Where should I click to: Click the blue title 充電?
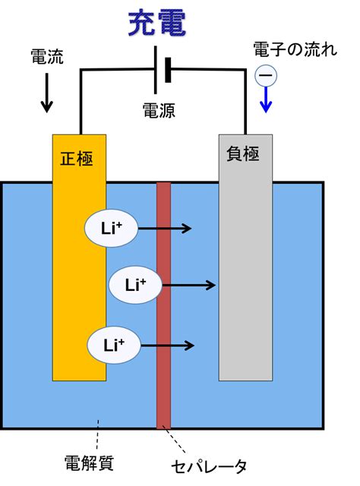tap(157, 24)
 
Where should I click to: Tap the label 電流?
tap(47, 57)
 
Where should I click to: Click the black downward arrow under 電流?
tap(47, 93)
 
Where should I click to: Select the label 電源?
tap(159, 110)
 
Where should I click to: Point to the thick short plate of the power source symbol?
tap(168, 70)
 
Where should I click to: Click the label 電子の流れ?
tap(295, 49)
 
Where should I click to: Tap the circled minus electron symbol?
tap(266, 75)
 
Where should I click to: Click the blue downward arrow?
tap(266, 99)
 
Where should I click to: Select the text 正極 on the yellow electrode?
tap(76, 159)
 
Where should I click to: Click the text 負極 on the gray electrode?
tap(243, 153)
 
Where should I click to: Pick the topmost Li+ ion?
tap(111, 228)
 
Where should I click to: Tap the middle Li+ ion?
tap(135, 285)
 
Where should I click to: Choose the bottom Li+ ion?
tap(114, 345)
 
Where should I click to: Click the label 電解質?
tap(89, 462)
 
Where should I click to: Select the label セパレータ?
tap(209, 466)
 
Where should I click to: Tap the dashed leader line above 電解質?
tap(98, 434)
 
